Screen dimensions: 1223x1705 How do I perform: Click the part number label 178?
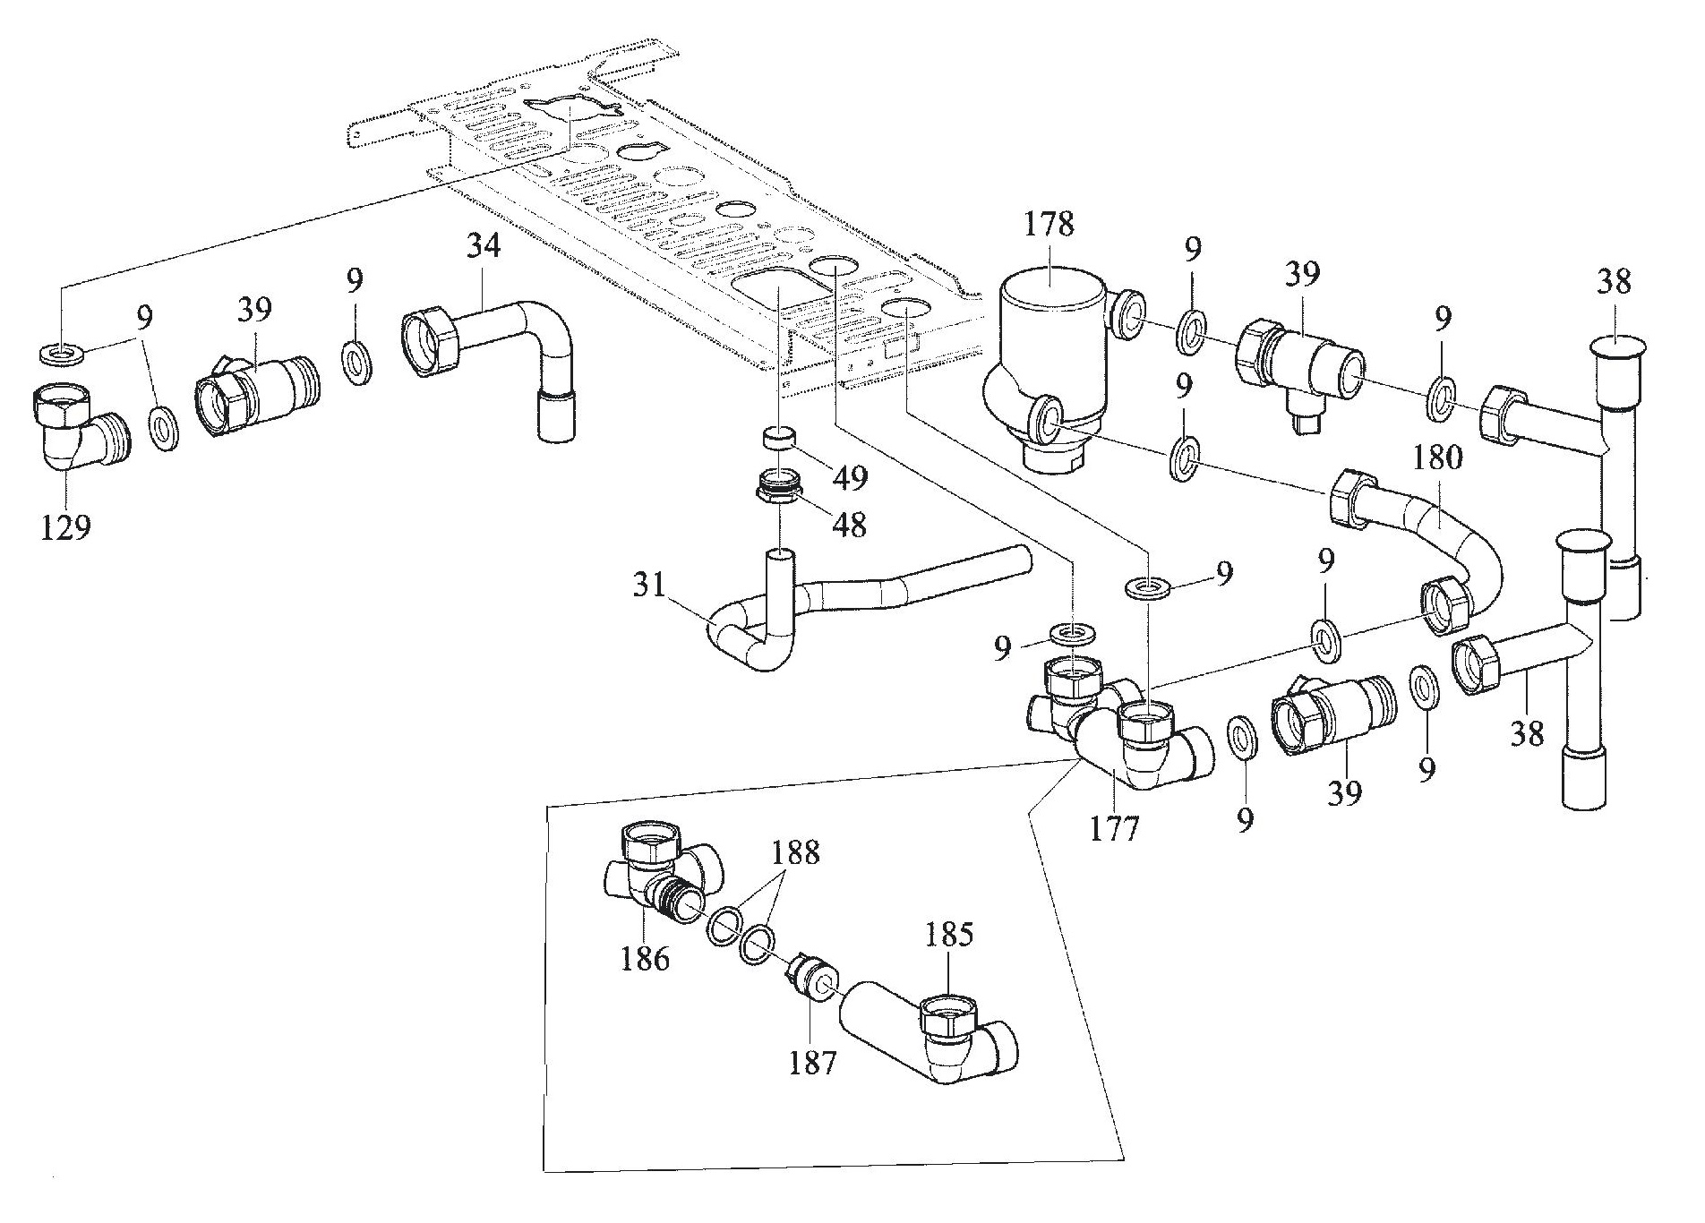tap(1050, 224)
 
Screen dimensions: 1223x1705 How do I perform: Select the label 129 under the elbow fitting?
tap(65, 527)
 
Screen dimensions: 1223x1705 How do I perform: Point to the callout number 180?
tap(1438, 458)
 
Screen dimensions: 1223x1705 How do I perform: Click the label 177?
tap(1114, 829)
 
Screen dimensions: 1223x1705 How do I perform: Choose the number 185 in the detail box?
tap(948, 935)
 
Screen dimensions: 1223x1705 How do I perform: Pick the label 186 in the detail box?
tap(645, 958)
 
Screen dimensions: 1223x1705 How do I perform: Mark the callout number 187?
tap(812, 1062)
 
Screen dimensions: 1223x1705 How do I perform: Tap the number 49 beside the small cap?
tap(849, 477)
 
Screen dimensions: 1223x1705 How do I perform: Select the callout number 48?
tap(849, 525)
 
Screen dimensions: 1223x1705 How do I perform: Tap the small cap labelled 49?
tap(779, 440)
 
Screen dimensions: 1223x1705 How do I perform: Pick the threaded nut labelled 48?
tap(778, 488)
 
